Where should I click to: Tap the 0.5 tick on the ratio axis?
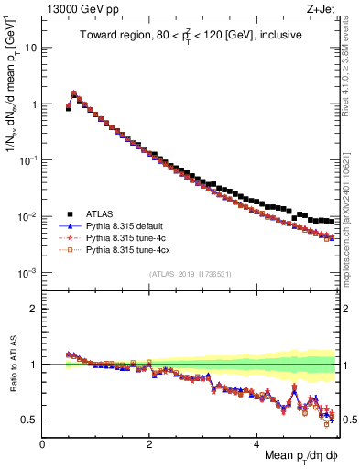30,420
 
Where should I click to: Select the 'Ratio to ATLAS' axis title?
12,364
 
